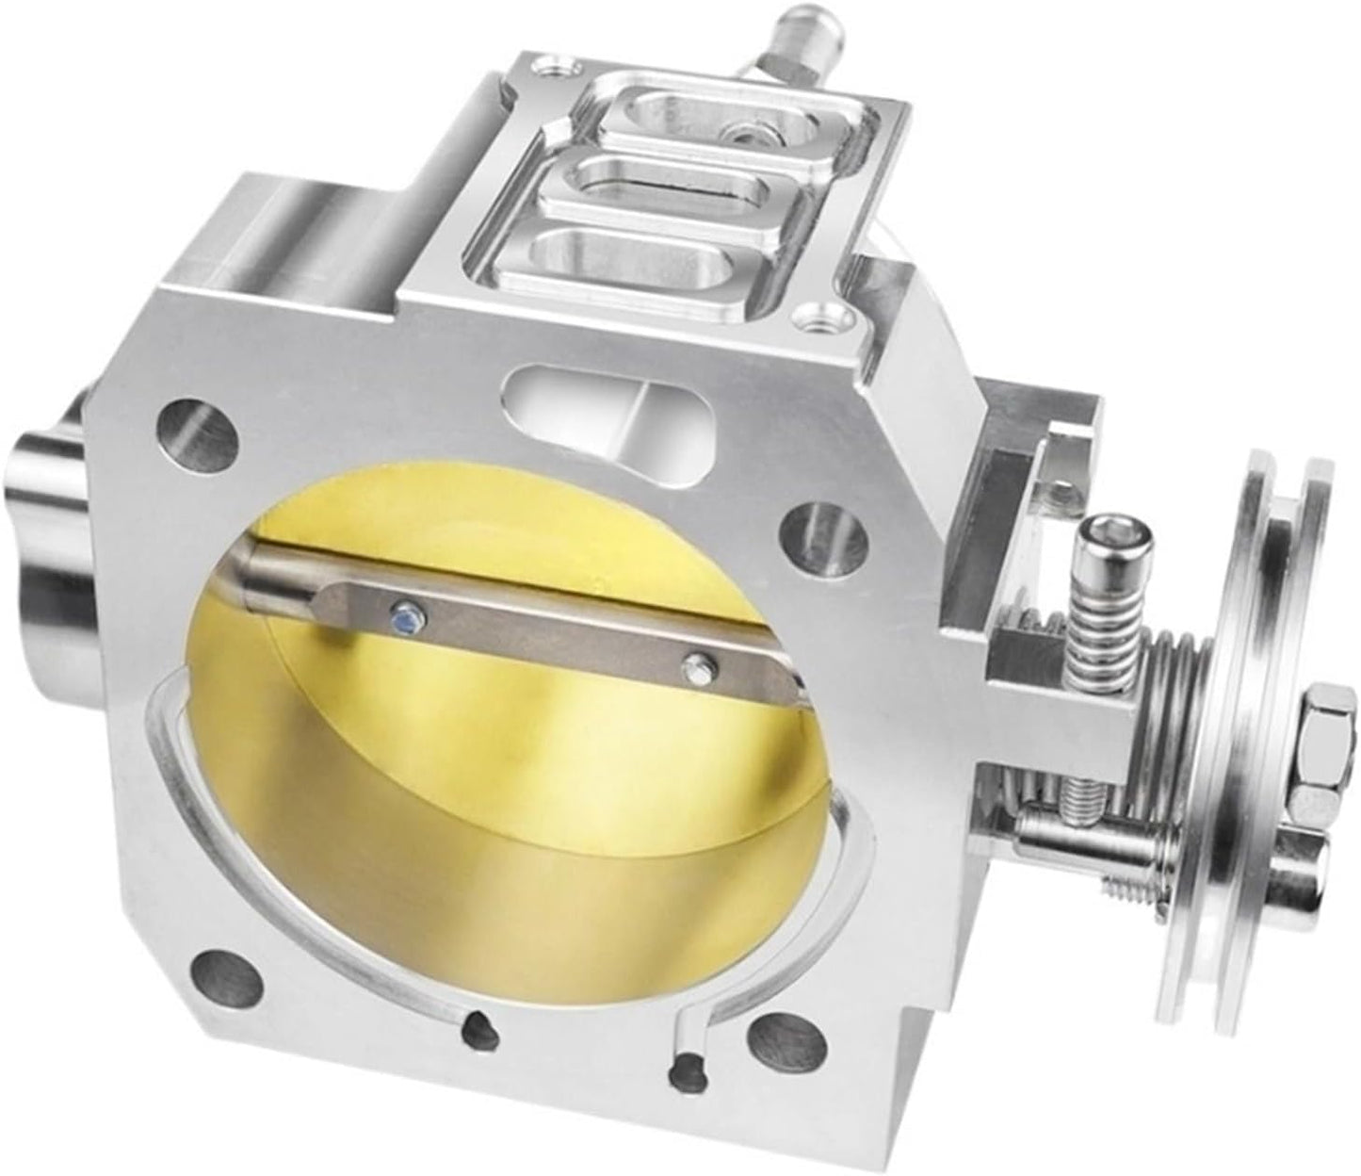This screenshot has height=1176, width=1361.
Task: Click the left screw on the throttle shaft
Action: tap(406, 619)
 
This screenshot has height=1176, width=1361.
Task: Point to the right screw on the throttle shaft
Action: tap(696, 668)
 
